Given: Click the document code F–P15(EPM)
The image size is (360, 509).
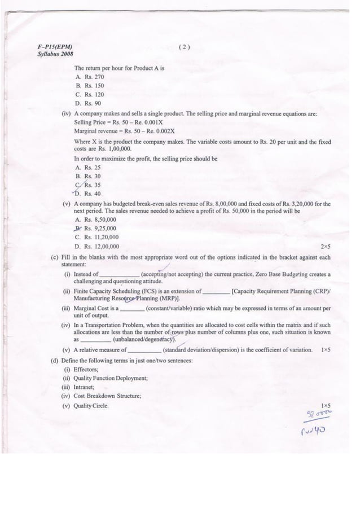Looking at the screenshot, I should coord(54,47).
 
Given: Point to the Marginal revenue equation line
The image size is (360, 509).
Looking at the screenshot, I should coord(124,131).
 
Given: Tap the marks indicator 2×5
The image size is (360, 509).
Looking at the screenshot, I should coord(325,247).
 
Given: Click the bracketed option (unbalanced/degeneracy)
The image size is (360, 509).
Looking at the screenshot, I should coord(144,340).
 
